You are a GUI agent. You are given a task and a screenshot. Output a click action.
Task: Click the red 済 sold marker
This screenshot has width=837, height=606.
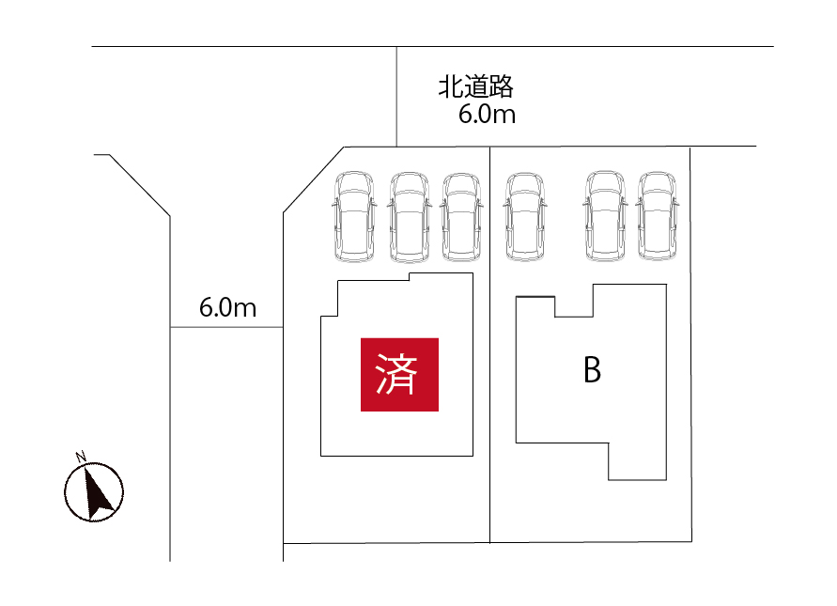399,374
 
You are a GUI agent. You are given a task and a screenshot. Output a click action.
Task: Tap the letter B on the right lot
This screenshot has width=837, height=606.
592,370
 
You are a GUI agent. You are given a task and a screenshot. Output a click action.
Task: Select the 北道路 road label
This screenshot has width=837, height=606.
475,88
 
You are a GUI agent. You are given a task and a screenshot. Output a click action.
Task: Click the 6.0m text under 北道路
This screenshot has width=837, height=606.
487,116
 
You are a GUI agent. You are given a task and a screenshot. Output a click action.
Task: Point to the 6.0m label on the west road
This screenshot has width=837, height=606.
227,307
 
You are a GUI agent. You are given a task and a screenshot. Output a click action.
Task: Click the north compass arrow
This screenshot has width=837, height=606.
95,492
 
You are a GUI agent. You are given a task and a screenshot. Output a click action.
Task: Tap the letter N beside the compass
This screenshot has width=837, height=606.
81,458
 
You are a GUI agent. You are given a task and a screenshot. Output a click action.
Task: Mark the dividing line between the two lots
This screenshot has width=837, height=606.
489,376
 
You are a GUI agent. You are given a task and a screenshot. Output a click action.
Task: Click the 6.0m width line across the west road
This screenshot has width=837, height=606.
225,327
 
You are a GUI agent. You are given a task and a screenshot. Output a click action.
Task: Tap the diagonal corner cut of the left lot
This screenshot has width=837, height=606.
314,179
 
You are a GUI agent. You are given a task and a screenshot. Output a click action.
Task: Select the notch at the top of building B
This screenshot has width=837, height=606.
573,303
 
